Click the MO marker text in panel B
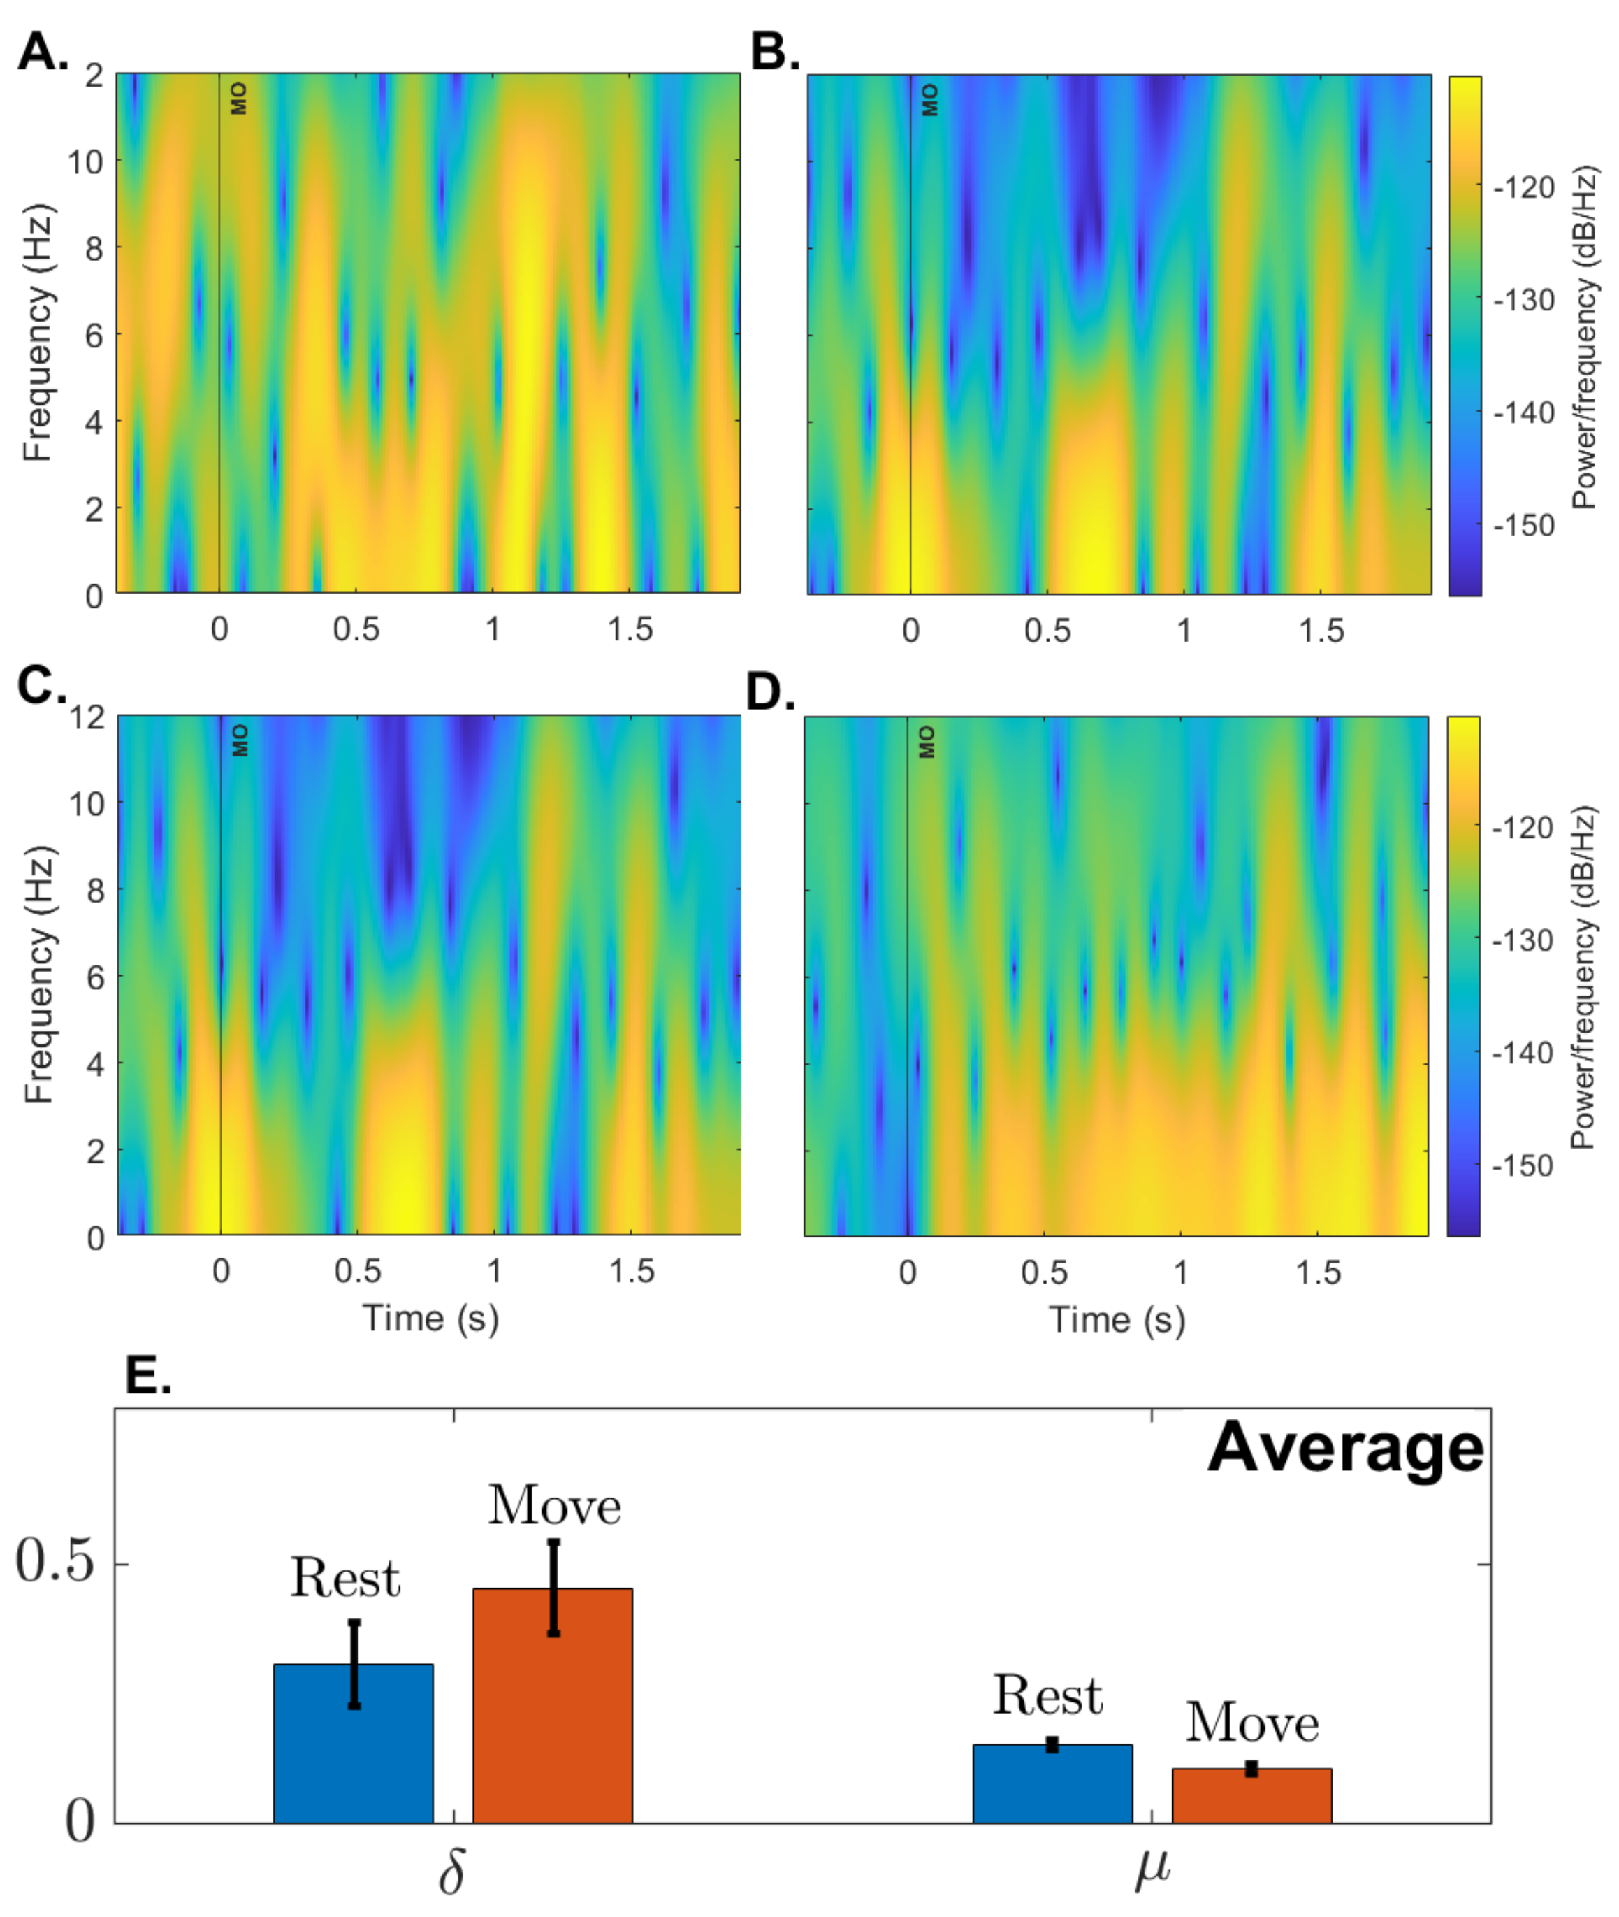930,99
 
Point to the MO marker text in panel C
240,740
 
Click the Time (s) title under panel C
430,1319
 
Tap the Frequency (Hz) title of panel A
38,332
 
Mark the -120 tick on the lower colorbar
1523,827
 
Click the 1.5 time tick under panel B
1321,630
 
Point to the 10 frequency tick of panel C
87,803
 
